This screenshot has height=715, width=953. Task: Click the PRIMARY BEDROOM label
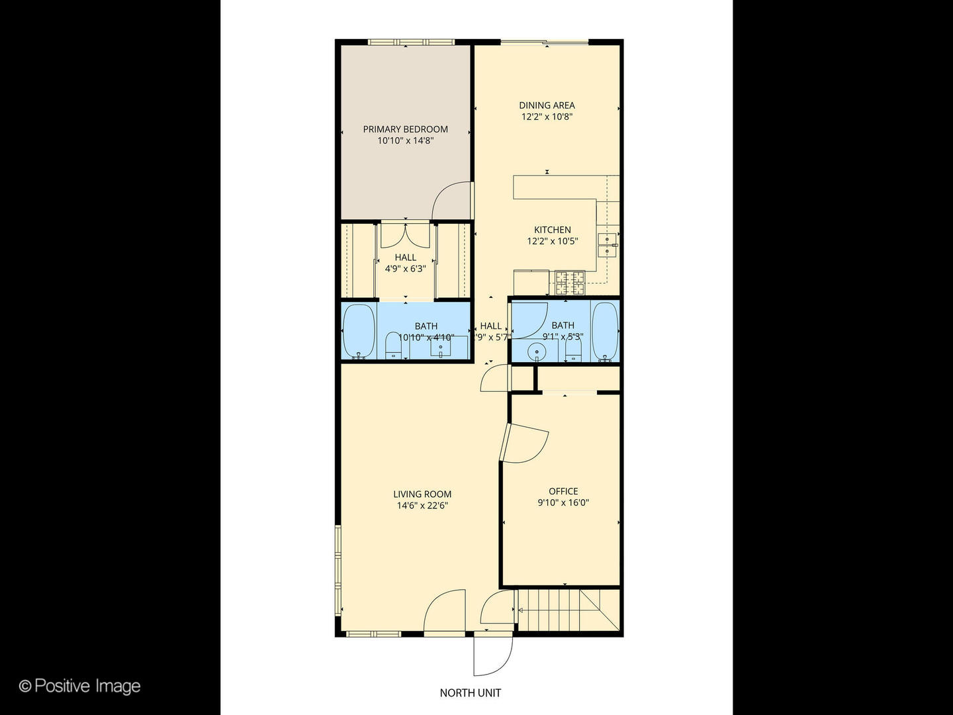click(405, 129)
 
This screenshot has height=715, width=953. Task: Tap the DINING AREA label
click(547, 105)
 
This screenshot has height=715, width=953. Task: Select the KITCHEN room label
click(553, 230)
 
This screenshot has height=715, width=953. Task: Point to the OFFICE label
click(563, 491)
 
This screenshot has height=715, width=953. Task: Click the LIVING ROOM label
click(422, 494)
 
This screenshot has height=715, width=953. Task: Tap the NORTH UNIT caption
click(471, 693)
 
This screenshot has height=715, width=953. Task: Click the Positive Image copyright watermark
click(80, 686)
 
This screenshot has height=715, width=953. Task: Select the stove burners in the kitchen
click(570, 283)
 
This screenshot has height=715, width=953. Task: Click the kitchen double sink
click(607, 244)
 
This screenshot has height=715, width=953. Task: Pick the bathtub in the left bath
click(359, 331)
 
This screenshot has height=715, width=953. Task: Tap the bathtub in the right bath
click(604, 331)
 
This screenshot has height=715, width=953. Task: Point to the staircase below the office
click(559, 611)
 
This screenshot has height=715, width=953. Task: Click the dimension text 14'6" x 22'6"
click(422, 506)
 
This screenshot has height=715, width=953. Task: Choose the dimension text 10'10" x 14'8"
click(405, 141)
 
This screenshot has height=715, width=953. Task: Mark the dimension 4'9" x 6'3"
click(405, 269)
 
